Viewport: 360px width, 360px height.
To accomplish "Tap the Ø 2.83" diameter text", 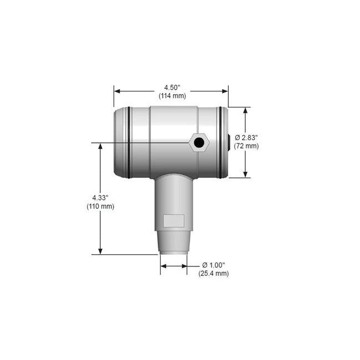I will [x=246, y=137].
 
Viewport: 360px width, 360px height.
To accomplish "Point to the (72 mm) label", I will [x=246, y=146].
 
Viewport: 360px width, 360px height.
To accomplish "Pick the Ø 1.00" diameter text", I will [x=213, y=265].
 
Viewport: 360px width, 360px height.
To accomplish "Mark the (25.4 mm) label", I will [x=213, y=273].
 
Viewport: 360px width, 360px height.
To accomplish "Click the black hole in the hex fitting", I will [x=198, y=143].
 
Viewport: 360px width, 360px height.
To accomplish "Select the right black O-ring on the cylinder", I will [x=222, y=142].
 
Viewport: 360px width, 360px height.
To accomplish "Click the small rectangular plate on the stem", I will [x=173, y=221].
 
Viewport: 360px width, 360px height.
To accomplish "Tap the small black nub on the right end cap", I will [x=229, y=142].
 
